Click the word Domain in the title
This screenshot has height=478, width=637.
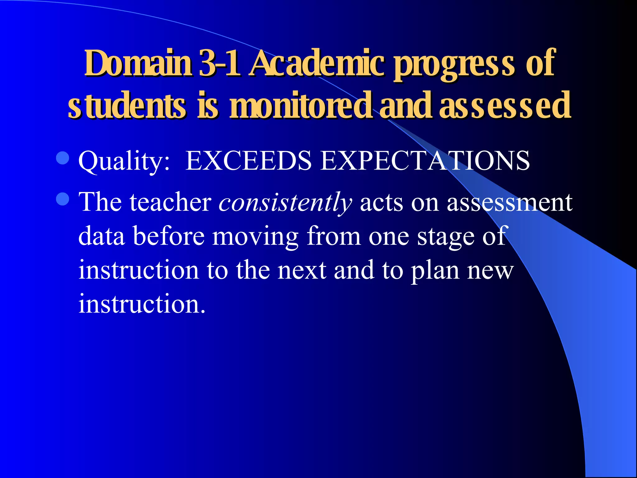pyautogui.click(x=138, y=63)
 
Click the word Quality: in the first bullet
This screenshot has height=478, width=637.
pyautogui.click(x=124, y=161)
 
